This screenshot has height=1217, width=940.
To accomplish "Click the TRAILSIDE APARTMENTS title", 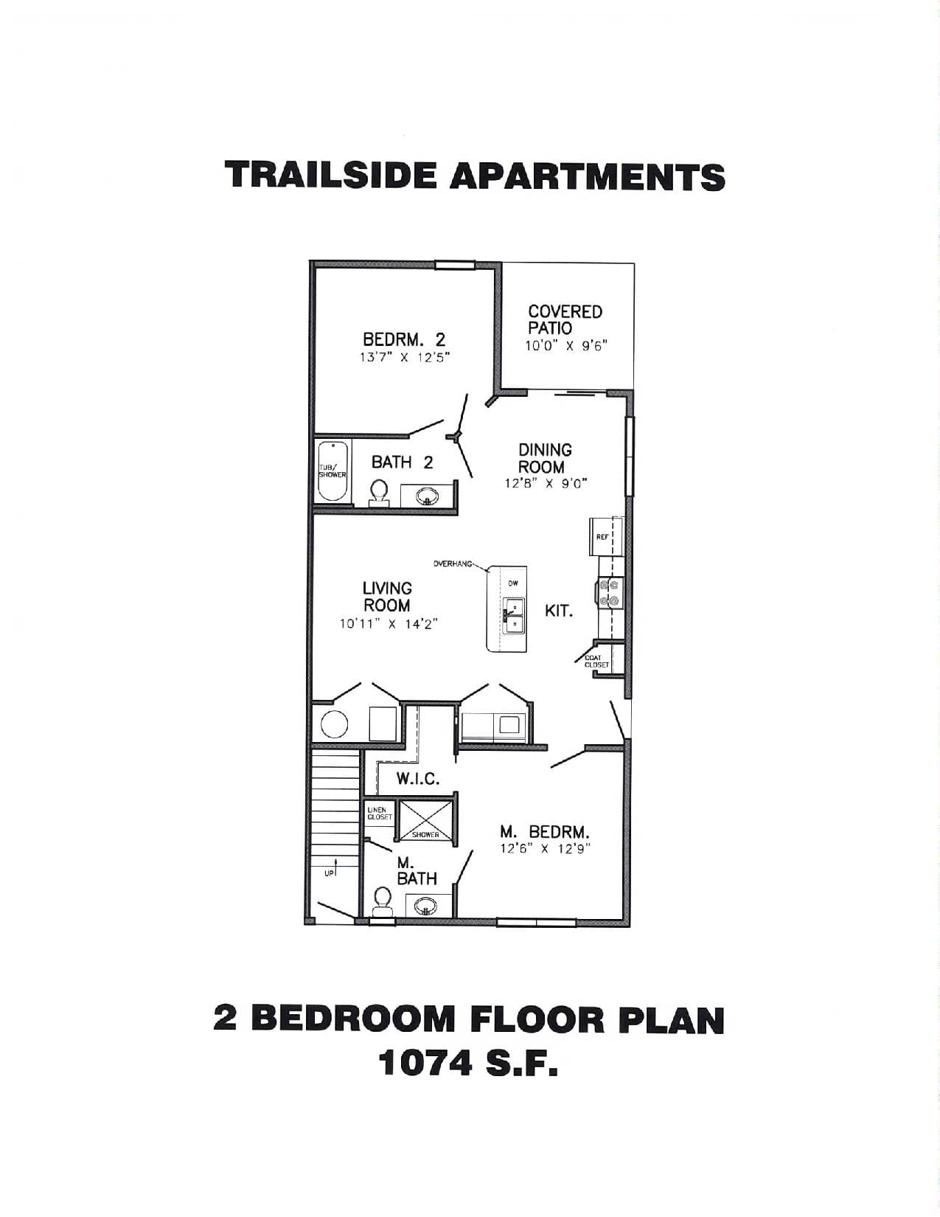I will click(x=475, y=176).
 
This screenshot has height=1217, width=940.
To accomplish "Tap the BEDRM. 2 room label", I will click(x=404, y=339).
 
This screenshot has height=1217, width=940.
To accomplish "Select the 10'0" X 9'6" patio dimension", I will click(x=565, y=346).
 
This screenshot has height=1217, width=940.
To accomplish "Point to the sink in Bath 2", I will click(x=428, y=496).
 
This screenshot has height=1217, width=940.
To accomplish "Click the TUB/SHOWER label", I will click(x=332, y=471).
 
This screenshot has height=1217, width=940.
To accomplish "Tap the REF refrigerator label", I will click(x=602, y=537).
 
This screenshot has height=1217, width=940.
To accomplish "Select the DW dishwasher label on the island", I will click(x=513, y=583).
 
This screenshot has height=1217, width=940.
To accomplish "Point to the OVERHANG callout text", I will click(x=452, y=564).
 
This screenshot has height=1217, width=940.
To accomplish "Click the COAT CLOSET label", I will click(x=596, y=661).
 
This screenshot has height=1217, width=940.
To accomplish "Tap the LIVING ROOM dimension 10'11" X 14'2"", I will click(x=389, y=624).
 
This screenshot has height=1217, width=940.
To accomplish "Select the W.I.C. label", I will click(x=418, y=779).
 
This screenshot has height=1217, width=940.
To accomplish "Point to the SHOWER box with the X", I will click(x=425, y=820).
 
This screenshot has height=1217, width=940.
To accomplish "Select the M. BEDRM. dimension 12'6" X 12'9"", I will click(x=545, y=848).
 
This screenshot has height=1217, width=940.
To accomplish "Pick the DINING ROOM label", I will click(x=545, y=458).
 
